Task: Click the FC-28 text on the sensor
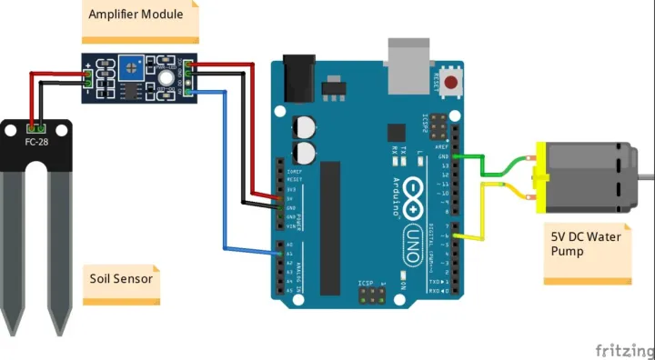[36, 144]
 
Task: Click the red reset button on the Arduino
[451, 83]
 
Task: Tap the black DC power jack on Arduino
[297, 79]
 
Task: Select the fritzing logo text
[623, 350]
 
